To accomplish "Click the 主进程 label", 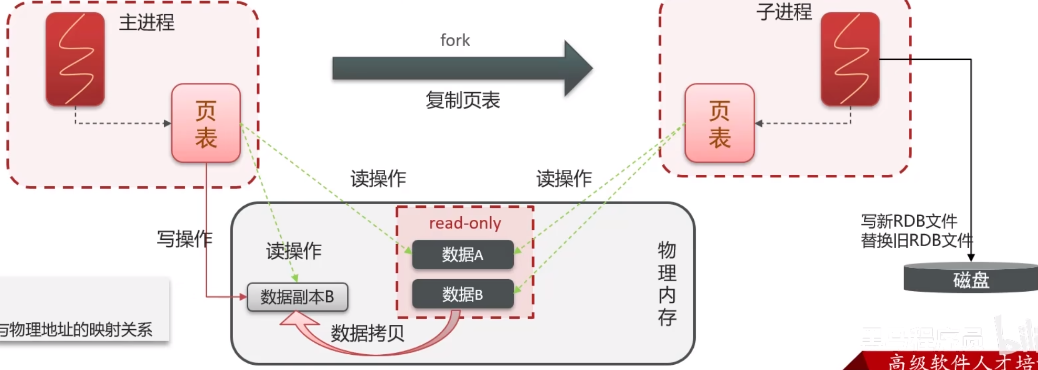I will click(146, 23).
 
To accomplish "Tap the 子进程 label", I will click(783, 12).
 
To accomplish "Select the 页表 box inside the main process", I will click(206, 123).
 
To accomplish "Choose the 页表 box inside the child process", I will click(719, 123).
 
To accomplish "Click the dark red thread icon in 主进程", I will click(75, 59).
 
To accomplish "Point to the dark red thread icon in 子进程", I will click(850, 59).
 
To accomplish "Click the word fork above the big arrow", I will click(455, 40).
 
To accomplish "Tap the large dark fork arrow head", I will click(577, 68).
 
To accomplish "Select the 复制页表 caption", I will click(462, 100).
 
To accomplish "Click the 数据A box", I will click(462, 255).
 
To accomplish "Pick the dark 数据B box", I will click(462, 294).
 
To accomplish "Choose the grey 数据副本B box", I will click(297, 297).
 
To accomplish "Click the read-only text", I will click(465, 223).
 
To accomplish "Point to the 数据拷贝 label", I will click(367, 333).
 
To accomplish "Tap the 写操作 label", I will click(184, 239).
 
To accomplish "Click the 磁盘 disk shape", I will click(971, 279).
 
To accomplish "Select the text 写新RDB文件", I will click(909, 221).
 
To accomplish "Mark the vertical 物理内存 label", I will click(667, 283).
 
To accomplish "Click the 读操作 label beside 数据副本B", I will click(293, 251).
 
